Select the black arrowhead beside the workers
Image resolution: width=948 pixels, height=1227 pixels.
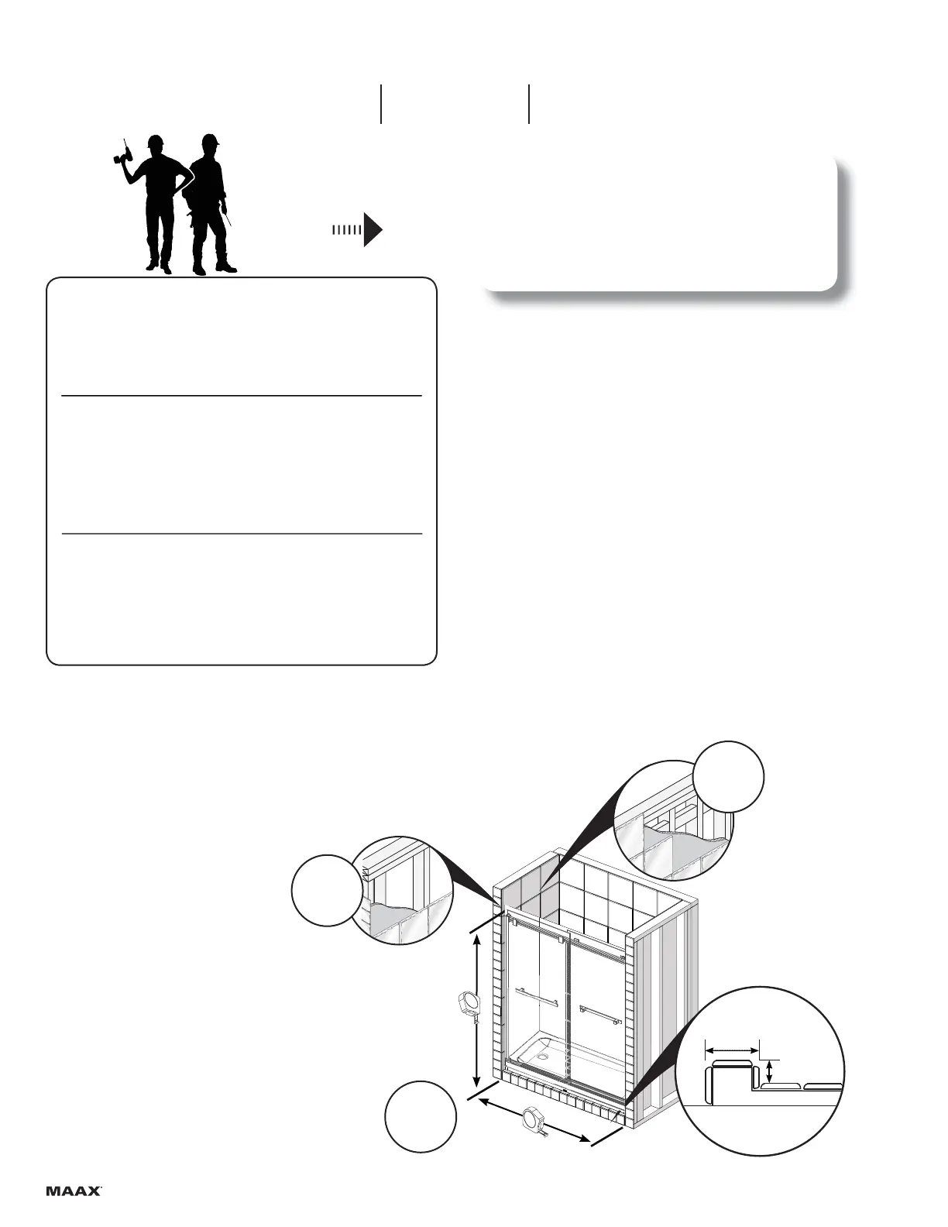click(373, 230)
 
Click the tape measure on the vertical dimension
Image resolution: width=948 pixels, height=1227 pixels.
click(469, 1005)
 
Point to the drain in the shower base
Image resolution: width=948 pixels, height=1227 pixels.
click(546, 1053)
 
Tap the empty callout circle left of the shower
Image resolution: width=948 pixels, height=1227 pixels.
click(326, 890)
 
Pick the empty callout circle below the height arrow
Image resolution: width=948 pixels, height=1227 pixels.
click(421, 1117)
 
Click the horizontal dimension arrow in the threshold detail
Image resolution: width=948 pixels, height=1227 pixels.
click(732, 1050)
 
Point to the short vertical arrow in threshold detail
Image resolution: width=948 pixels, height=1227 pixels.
click(769, 1073)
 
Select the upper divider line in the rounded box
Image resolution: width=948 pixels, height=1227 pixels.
click(241, 396)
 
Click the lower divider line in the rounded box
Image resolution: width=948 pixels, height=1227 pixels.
click(241, 534)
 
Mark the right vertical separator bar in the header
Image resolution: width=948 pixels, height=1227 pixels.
click(529, 104)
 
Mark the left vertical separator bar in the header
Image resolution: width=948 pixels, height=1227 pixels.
click(381, 104)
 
